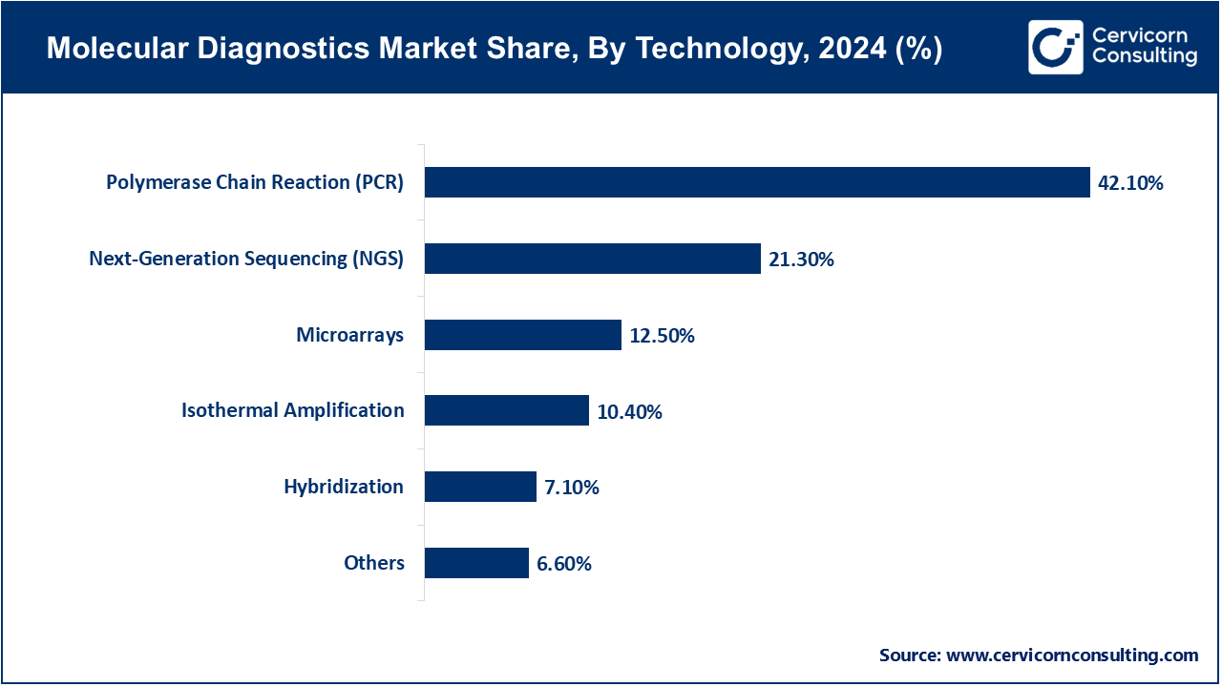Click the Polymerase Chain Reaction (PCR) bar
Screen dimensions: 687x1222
tap(757, 182)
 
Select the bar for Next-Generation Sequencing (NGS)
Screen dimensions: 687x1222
tap(592, 259)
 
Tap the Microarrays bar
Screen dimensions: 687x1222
tap(522, 335)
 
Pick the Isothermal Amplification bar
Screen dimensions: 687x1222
tap(506, 410)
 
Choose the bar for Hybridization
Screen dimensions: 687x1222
tap(480, 487)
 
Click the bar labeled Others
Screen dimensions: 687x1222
tap(476, 563)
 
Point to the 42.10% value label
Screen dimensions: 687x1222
tap(1130, 183)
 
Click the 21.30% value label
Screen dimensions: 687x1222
tap(801, 260)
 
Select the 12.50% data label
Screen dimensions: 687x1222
tap(662, 336)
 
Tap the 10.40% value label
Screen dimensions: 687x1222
tap(629, 412)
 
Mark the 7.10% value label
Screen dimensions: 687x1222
tap(571, 488)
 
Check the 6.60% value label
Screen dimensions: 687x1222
tap(563, 564)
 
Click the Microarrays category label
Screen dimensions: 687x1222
tap(349, 335)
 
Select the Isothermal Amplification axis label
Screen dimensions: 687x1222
tap(293, 410)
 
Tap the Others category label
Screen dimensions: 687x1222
tap(374, 563)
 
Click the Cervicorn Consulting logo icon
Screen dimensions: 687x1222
tap(1055, 47)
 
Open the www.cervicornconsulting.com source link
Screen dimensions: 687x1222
tap(1071, 656)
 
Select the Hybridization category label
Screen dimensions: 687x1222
tap(344, 487)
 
